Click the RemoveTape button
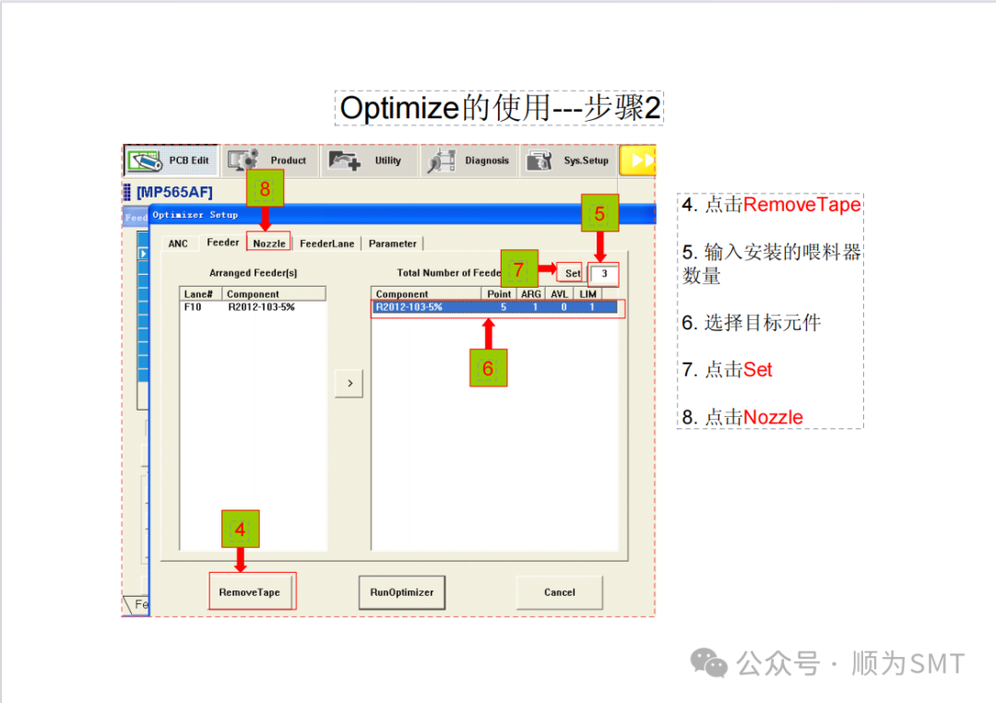(x=249, y=592)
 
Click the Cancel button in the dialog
(x=559, y=592)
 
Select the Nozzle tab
(x=269, y=244)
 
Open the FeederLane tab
(x=326, y=244)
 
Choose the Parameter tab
(x=393, y=244)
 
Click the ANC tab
(x=178, y=244)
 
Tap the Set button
(x=573, y=273)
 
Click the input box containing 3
(x=604, y=273)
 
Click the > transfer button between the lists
(x=349, y=383)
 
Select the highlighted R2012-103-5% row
(x=494, y=307)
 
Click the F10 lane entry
(x=193, y=307)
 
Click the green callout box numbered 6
(x=488, y=368)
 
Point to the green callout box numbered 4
(x=240, y=530)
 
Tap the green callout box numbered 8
(x=265, y=190)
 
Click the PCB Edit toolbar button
(x=172, y=161)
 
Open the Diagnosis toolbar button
(x=470, y=161)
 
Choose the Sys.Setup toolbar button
(x=569, y=161)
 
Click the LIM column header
(x=587, y=294)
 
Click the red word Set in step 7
(x=757, y=370)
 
